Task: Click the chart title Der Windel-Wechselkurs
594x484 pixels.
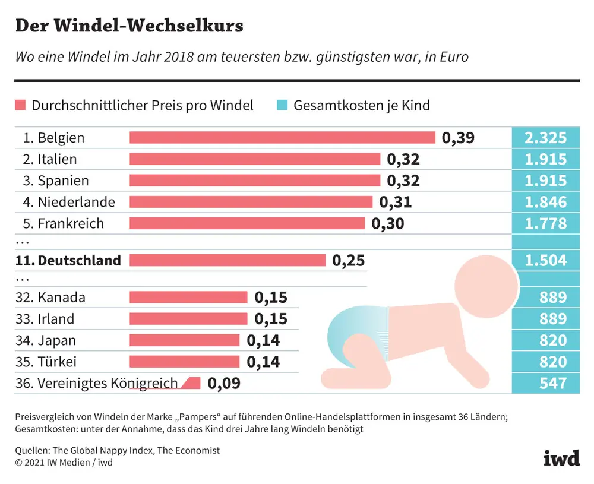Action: [x=128, y=26]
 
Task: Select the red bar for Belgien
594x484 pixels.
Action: [x=282, y=138]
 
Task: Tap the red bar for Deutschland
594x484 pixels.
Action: [x=227, y=260]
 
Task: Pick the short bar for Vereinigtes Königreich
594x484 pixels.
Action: [x=191, y=384]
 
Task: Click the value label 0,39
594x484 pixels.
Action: [x=458, y=138]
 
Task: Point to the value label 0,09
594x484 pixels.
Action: [x=224, y=384]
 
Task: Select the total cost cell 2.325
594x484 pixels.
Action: [x=545, y=138]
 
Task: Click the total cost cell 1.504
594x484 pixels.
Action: [x=545, y=260]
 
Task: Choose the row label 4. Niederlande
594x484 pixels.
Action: [x=69, y=203]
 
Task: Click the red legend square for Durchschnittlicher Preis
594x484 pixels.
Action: [x=20, y=106]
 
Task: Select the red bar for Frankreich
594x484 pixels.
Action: [x=247, y=224]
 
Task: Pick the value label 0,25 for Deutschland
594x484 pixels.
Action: [x=349, y=260]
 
